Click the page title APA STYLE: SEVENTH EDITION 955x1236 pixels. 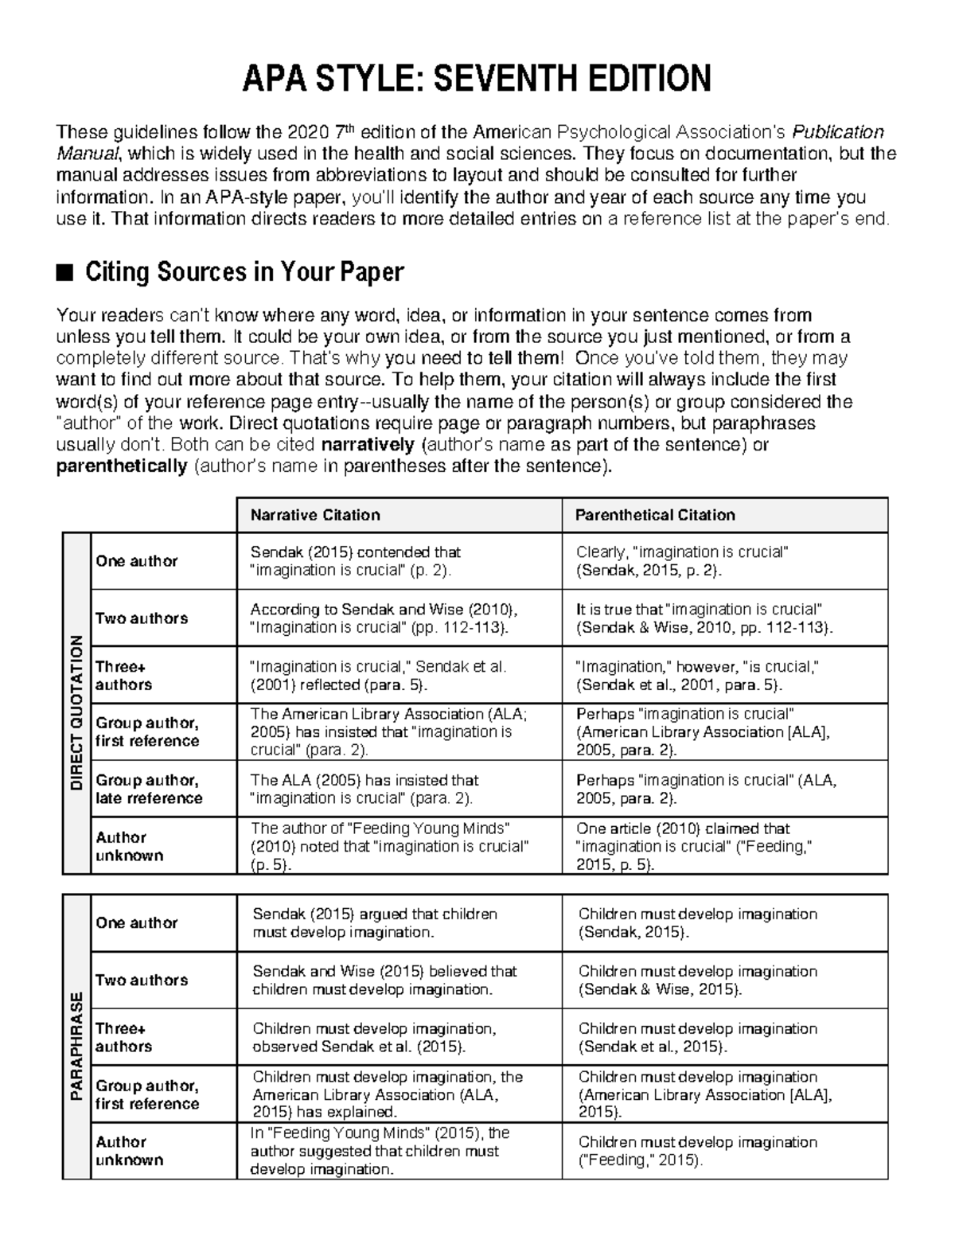(477, 79)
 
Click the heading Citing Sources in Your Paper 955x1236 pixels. (244, 272)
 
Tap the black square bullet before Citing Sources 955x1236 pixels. (64, 273)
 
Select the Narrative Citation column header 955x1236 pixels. (315, 515)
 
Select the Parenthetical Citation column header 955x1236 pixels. (655, 515)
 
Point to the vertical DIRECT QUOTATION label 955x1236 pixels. (76, 712)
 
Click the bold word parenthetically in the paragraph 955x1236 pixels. (122, 466)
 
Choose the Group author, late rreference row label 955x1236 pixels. (149, 789)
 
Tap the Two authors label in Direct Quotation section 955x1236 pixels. (142, 618)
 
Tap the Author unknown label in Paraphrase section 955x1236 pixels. (130, 1151)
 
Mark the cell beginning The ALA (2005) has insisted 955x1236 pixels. (365, 789)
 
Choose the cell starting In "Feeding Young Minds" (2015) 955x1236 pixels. (380, 1151)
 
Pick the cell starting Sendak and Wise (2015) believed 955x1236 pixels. (384, 981)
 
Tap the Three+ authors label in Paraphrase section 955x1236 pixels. (123, 1037)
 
